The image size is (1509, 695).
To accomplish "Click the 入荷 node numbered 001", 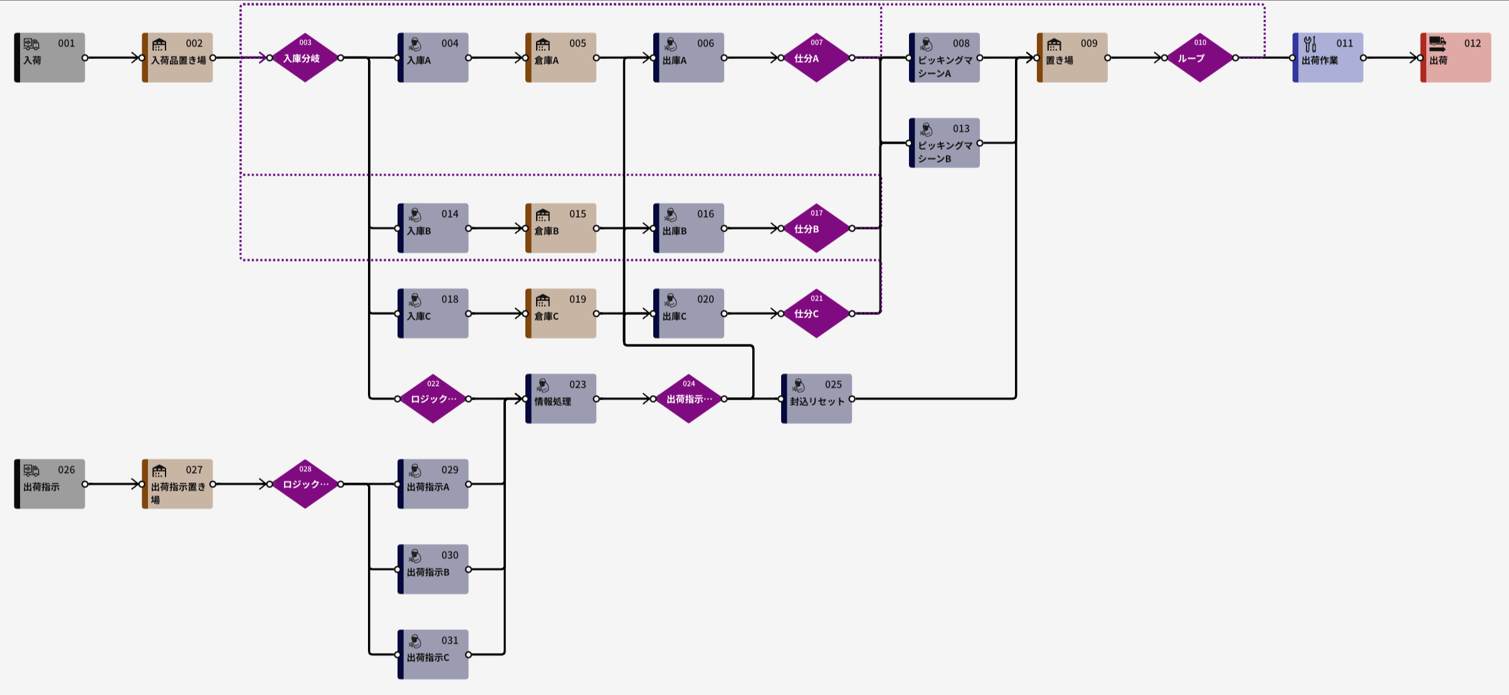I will pos(50,58).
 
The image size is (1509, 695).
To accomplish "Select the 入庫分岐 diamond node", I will pos(305,58).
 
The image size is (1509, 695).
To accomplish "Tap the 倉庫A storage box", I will pos(560,58).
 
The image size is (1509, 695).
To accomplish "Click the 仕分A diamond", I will pos(816,58).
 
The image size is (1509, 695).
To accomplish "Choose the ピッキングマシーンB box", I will pos(944,143).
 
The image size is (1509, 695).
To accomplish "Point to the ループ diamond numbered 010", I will pos(1200,58).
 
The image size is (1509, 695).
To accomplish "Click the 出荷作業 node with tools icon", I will pos(1328,58).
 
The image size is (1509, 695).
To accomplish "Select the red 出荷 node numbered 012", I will pos(1456,58).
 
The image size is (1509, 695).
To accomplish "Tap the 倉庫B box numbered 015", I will pos(560,228).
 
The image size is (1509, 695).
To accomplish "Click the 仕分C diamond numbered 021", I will pos(816,314).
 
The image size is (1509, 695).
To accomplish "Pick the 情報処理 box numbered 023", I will pos(560,399).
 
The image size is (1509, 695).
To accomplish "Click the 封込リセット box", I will pos(816,399).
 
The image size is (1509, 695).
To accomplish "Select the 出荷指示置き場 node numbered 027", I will pos(177,484).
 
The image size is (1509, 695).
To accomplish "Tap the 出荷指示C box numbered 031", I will pos(433,655).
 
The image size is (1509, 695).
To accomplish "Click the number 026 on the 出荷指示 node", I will pos(66,470).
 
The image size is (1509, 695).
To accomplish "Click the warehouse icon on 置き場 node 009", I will pos(1054,45).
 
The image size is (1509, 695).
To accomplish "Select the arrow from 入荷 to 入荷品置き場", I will pos(113,58).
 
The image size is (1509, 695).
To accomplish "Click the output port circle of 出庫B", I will pos(724,228).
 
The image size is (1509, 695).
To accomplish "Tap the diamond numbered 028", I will pos(305,484).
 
